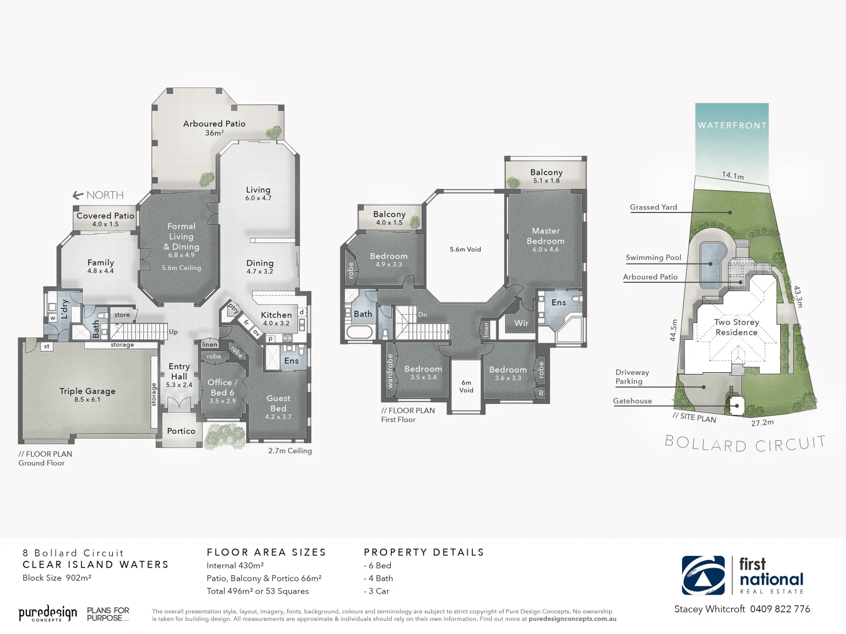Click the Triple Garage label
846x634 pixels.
coord(87,394)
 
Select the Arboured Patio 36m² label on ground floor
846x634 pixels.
coord(214,127)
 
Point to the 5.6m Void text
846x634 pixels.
coord(465,249)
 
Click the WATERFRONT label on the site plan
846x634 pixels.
coord(732,125)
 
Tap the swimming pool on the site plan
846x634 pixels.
coord(712,264)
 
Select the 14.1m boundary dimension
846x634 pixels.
coord(733,176)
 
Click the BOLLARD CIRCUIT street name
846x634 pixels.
coord(745,444)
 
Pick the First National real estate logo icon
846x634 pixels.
coord(703,575)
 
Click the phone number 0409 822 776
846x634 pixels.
coord(780,609)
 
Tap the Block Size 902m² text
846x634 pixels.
coord(57,578)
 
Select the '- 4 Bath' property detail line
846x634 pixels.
coord(378,578)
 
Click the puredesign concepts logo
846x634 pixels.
coord(48,614)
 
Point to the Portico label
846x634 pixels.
coord(181,431)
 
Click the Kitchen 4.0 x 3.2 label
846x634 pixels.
coord(276,318)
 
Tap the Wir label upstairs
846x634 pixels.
coord(522,323)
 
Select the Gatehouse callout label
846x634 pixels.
coord(632,401)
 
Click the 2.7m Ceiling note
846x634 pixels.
coord(290,451)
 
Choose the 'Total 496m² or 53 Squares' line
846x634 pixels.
coord(257,591)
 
